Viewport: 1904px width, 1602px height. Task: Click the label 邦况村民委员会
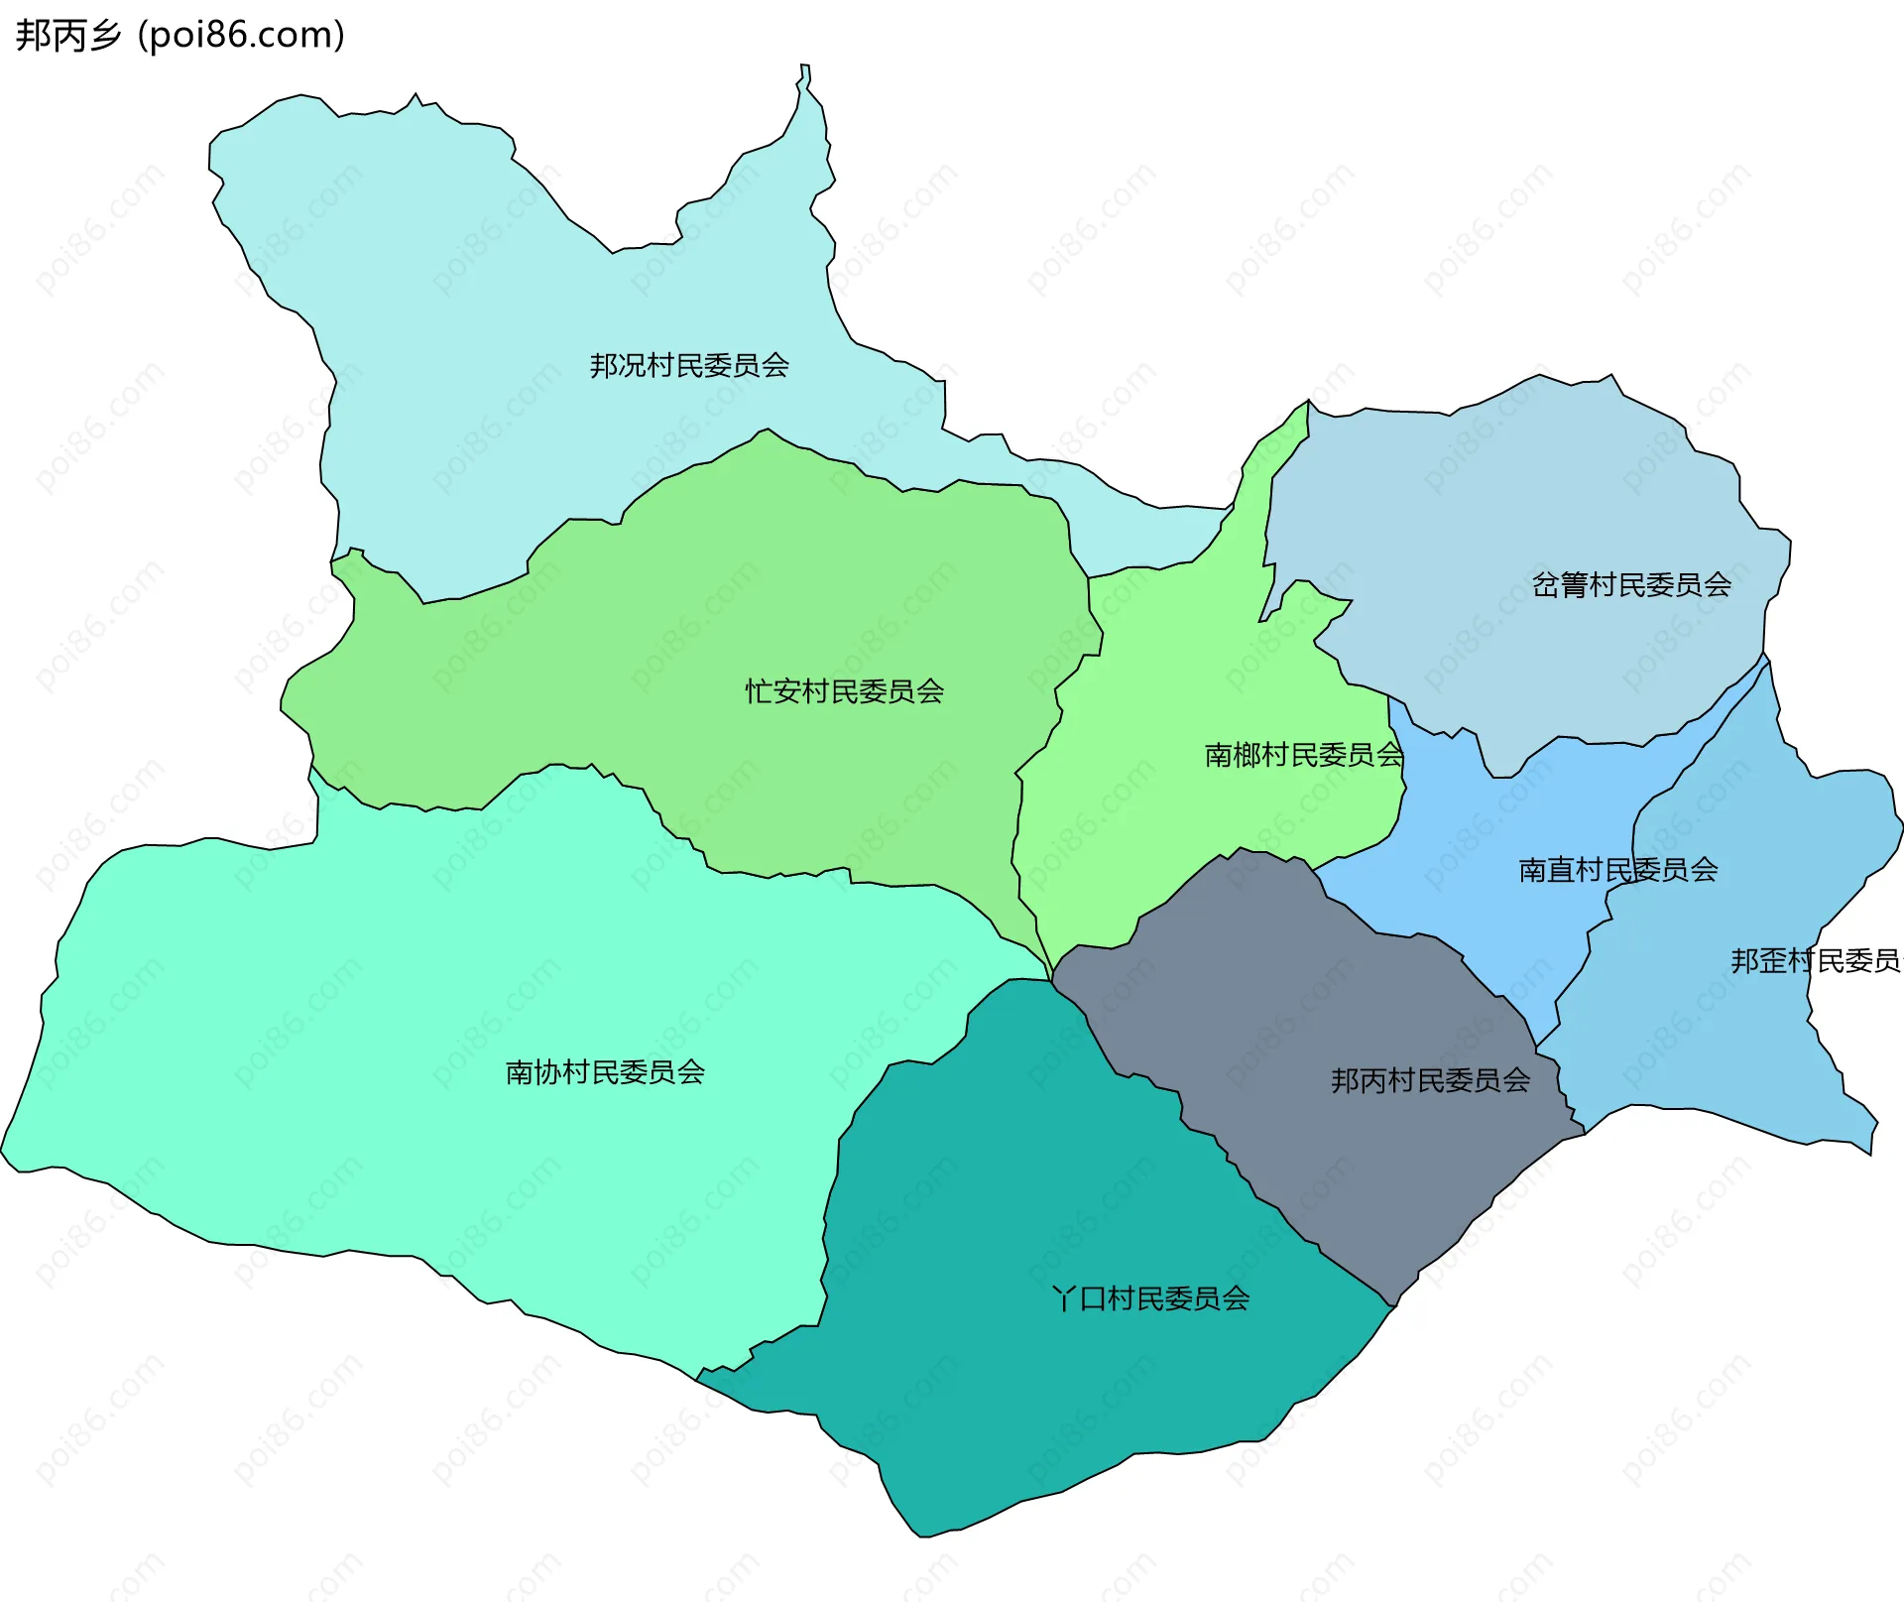click(689, 366)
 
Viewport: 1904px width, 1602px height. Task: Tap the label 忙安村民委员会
click(844, 691)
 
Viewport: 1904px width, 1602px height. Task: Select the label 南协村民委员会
click(605, 1072)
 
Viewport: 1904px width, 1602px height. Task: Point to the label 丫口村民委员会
click(1150, 1298)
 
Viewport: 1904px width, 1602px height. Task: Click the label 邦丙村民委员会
click(1430, 1080)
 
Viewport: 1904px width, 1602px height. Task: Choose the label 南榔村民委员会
click(1303, 755)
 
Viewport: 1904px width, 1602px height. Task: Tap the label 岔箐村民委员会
click(1631, 585)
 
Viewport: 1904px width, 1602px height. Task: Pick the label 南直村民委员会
click(1617, 870)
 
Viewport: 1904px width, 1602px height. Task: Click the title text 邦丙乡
click(67, 35)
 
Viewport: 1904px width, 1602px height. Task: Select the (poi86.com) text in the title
click(241, 35)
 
